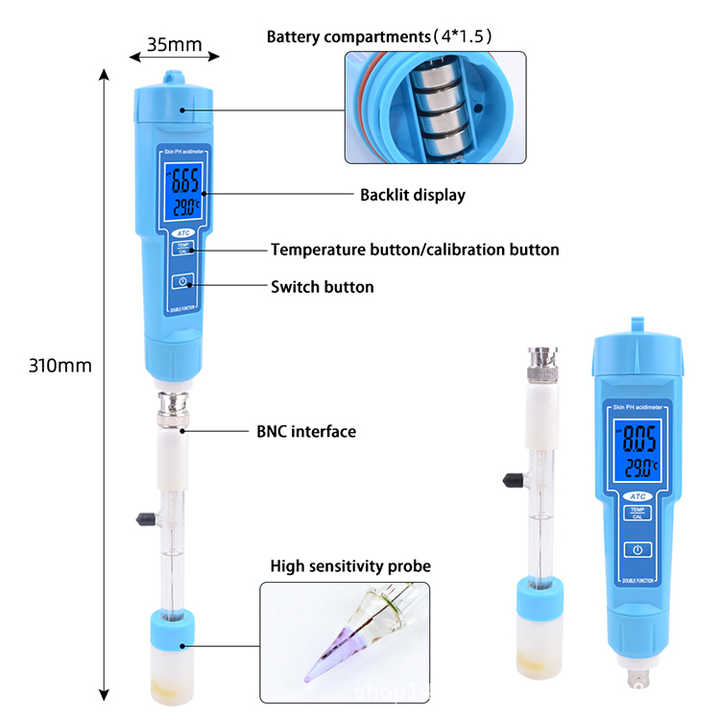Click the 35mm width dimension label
[x=175, y=44]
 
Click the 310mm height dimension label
[x=60, y=366]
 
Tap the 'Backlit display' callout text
[x=412, y=195]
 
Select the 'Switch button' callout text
[x=322, y=287]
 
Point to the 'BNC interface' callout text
[x=306, y=432]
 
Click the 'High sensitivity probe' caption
[x=350, y=566]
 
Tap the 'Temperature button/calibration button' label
[x=415, y=249]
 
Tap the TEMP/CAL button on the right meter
[x=636, y=514]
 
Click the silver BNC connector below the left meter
[x=174, y=410]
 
